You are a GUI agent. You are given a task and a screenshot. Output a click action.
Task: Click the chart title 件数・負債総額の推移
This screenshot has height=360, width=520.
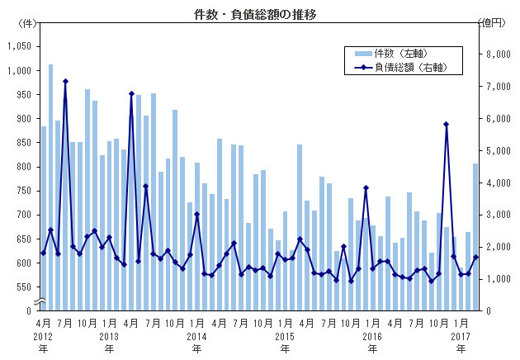(259, 15)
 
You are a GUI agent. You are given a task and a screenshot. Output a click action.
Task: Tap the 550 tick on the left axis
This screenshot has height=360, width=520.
(22, 287)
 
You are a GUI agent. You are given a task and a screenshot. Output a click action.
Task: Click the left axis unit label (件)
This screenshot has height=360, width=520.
(26, 23)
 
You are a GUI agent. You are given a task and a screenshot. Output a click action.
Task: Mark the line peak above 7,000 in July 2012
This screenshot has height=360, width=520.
(65, 81)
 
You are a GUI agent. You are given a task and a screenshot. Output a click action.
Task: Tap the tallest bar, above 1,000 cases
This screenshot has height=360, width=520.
(51, 187)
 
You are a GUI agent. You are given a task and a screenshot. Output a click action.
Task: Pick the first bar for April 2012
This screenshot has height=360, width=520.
(44, 218)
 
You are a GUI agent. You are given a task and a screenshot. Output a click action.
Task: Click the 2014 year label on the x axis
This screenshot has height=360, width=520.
(196, 337)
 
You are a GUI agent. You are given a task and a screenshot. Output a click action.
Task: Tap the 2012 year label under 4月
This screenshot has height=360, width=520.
(43, 337)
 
